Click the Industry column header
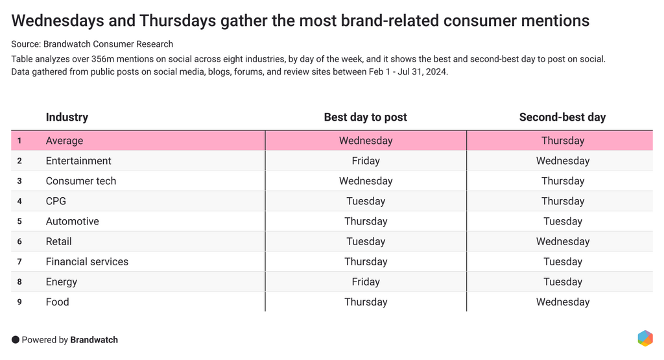pyautogui.click(x=67, y=117)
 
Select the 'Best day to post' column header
pyautogui.click(x=365, y=117)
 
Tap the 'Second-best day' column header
pyautogui.click(x=562, y=117)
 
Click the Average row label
pyautogui.click(x=64, y=141)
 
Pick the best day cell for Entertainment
pyautogui.click(x=365, y=161)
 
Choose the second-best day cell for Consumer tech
pyautogui.click(x=562, y=181)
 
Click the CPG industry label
pyautogui.click(x=56, y=201)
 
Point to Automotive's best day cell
pyautogui.click(x=365, y=221)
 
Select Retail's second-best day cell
pyautogui.click(x=562, y=241)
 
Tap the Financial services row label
pyautogui.click(x=87, y=261)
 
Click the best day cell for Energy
pyautogui.click(x=365, y=282)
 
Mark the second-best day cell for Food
pyautogui.click(x=562, y=302)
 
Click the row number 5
pyautogui.click(x=19, y=221)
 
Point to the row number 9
pyautogui.click(x=19, y=302)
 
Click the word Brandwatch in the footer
pyautogui.click(x=94, y=340)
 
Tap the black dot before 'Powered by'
pyautogui.click(x=16, y=340)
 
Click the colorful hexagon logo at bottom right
pyautogui.click(x=645, y=338)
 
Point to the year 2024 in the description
pyautogui.click(x=434, y=71)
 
